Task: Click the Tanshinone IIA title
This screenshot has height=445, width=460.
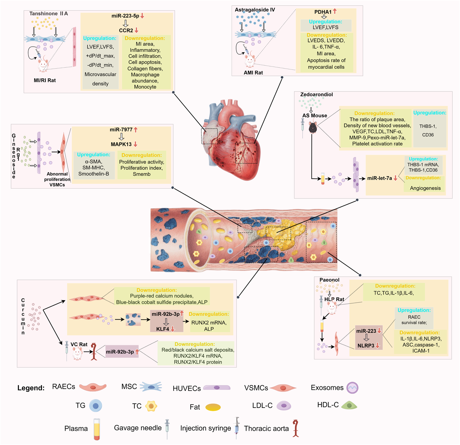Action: click(x=49, y=14)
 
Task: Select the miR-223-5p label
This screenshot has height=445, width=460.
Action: click(x=125, y=16)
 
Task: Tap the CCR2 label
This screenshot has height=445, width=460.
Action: click(x=126, y=30)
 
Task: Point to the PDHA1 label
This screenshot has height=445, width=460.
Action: click(x=323, y=12)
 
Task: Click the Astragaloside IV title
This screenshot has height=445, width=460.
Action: click(x=255, y=10)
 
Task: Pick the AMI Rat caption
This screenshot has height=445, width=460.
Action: click(x=253, y=73)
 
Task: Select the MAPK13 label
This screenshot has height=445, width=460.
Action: click(x=121, y=144)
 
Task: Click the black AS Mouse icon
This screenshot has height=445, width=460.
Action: click(x=313, y=127)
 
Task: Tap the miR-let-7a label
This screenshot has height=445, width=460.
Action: click(x=379, y=178)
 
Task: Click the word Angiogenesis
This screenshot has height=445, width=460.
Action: click(x=425, y=188)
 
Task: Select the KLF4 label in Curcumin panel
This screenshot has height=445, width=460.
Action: click(x=163, y=329)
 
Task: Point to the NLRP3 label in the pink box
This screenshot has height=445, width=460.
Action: click(x=366, y=346)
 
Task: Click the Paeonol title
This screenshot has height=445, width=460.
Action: click(x=329, y=280)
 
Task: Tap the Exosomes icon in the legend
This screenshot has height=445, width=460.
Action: click(x=352, y=388)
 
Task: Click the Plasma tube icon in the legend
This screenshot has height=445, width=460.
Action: click(x=97, y=429)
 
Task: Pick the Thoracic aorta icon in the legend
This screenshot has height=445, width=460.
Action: click(x=296, y=428)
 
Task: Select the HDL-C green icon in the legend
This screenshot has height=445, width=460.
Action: click(x=349, y=405)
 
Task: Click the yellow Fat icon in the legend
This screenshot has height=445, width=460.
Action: click(x=213, y=407)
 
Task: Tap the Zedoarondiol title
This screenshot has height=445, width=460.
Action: click(x=316, y=95)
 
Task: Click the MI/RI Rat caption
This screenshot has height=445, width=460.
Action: click(x=45, y=81)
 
